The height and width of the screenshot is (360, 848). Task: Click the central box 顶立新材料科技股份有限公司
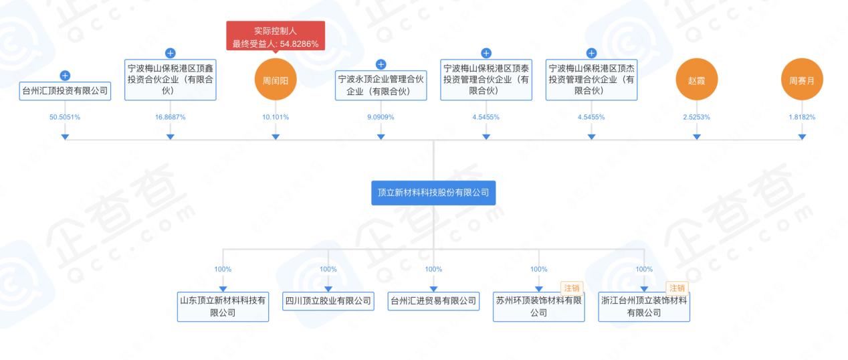(x=433, y=192)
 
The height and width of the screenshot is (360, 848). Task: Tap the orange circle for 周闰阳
(x=276, y=81)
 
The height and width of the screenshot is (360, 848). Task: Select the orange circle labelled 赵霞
(x=696, y=81)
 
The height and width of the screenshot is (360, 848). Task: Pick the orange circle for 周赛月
(x=802, y=81)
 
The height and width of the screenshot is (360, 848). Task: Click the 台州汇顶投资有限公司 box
(x=65, y=91)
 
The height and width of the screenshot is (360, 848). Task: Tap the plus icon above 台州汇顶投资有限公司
(x=65, y=76)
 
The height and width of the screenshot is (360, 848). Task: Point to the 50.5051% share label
(x=65, y=117)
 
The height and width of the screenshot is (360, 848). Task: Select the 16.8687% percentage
(x=170, y=117)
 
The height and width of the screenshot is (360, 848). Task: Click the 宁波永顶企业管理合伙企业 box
(x=381, y=86)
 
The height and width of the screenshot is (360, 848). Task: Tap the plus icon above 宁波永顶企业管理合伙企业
(x=381, y=64)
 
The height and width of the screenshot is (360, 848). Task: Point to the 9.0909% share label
(x=381, y=117)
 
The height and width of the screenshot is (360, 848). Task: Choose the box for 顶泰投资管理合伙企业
(x=486, y=80)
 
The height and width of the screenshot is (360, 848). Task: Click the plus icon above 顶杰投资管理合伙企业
(x=591, y=53)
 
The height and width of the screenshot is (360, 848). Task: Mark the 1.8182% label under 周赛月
(x=802, y=117)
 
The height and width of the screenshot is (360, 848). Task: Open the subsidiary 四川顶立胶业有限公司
(x=328, y=301)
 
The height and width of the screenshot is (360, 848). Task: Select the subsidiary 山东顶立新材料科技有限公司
(x=223, y=307)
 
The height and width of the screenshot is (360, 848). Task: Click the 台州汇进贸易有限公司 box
(x=433, y=301)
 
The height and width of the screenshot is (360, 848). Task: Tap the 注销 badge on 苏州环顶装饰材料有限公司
(x=572, y=288)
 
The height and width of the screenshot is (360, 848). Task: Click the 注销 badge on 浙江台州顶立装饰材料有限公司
(x=677, y=288)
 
